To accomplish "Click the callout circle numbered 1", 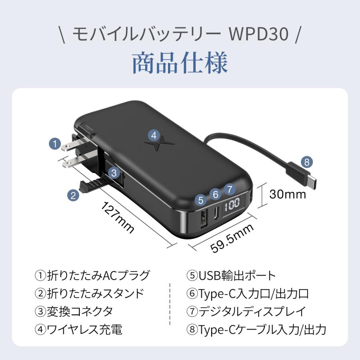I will click(55, 144).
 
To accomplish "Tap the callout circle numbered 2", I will click(73, 195).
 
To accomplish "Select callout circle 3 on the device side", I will click(114, 173).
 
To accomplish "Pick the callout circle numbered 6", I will click(216, 194).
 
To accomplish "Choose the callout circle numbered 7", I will click(229, 189).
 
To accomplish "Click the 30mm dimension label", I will click(288, 194).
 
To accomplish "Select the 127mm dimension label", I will click(118, 218).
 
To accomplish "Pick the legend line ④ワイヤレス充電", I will click(78, 330).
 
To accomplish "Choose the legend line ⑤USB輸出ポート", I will click(231, 276).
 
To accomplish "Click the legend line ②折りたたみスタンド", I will click(89, 294).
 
